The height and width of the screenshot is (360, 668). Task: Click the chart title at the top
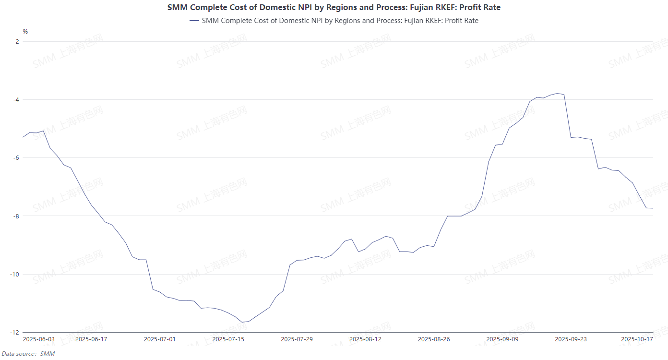(334, 7)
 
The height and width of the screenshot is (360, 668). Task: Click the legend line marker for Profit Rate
(194, 21)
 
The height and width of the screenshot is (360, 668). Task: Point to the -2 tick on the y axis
(16, 41)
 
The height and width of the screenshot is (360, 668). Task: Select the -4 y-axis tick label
(16, 100)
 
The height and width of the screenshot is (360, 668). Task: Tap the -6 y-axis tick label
(16, 158)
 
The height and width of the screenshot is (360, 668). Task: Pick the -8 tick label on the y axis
(16, 216)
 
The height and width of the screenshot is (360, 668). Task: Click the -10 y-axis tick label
(15, 275)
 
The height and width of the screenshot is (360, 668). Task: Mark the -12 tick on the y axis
(15, 333)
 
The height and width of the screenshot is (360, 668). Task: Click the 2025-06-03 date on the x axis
(39, 339)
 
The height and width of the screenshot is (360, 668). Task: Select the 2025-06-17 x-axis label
(91, 339)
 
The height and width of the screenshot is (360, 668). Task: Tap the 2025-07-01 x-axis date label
(160, 339)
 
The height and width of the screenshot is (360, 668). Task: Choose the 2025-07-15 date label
(228, 339)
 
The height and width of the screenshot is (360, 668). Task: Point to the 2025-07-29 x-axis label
(297, 339)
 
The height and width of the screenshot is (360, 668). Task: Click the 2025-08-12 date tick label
(365, 339)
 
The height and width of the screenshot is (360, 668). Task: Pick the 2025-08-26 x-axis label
(434, 339)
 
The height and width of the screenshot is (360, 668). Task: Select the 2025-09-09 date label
(502, 339)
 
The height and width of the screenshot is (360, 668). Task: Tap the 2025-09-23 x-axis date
(571, 339)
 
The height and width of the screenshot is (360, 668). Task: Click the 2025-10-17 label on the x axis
(637, 339)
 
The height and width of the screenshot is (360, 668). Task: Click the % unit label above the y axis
(25, 32)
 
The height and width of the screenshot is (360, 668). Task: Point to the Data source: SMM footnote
(28, 354)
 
